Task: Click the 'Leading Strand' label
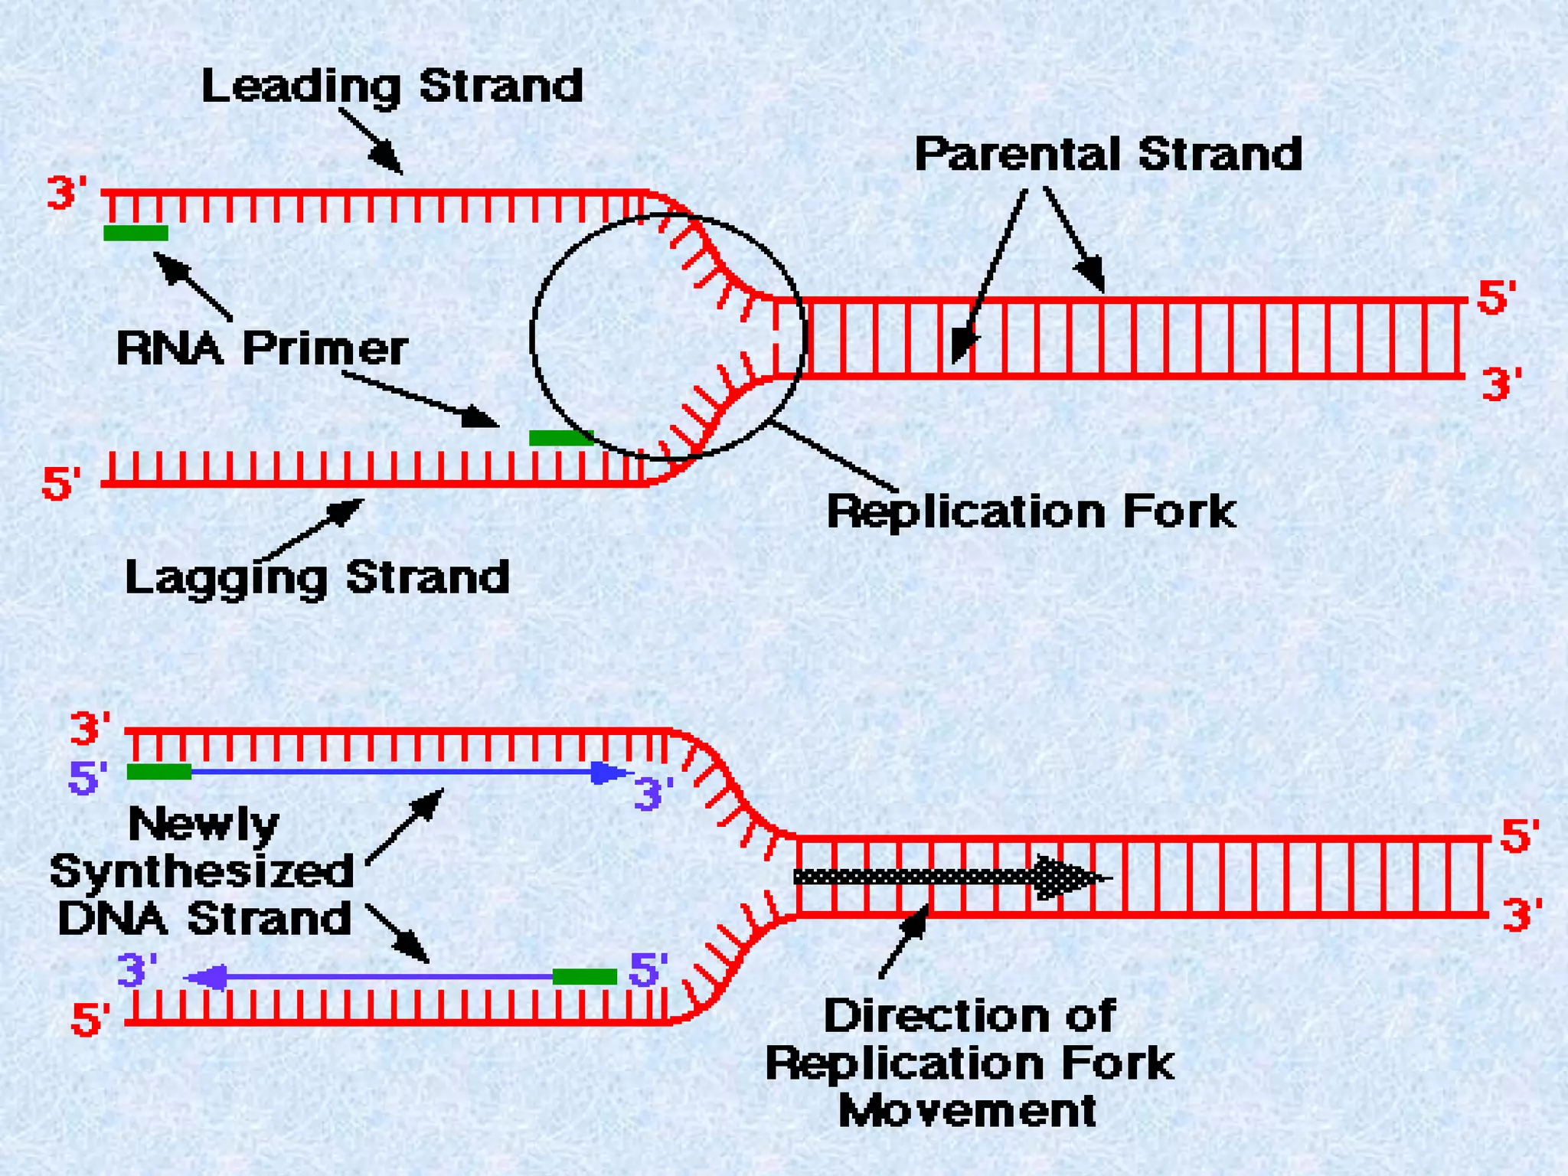[x=392, y=86]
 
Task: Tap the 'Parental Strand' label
[x=1108, y=154]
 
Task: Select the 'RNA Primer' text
[x=262, y=349]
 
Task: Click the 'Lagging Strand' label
[x=317, y=577]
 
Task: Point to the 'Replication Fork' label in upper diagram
[x=1031, y=511]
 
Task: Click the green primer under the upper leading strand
[x=136, y=233]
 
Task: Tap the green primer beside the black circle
[x=561, y=438]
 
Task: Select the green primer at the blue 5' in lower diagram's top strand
[x=158, y=772]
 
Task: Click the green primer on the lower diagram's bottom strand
[x=584, y=976]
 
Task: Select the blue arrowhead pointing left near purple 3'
[x=207, y=977]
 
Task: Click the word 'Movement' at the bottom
[x=967, y=1111]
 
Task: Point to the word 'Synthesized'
[x=202, y=871]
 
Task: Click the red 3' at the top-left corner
[x=67, y=193]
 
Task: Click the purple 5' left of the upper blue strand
[x=87, y=778]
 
